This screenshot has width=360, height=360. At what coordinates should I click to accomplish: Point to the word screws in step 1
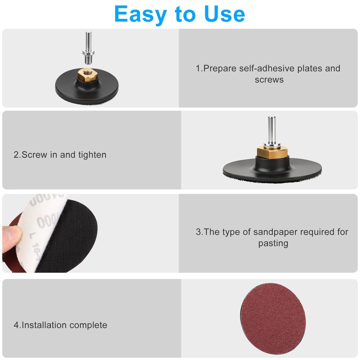click(269, 80)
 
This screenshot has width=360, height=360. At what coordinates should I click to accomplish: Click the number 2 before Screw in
click(16, 155)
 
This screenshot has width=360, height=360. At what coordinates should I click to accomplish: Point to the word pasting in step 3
click(273, 243)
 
